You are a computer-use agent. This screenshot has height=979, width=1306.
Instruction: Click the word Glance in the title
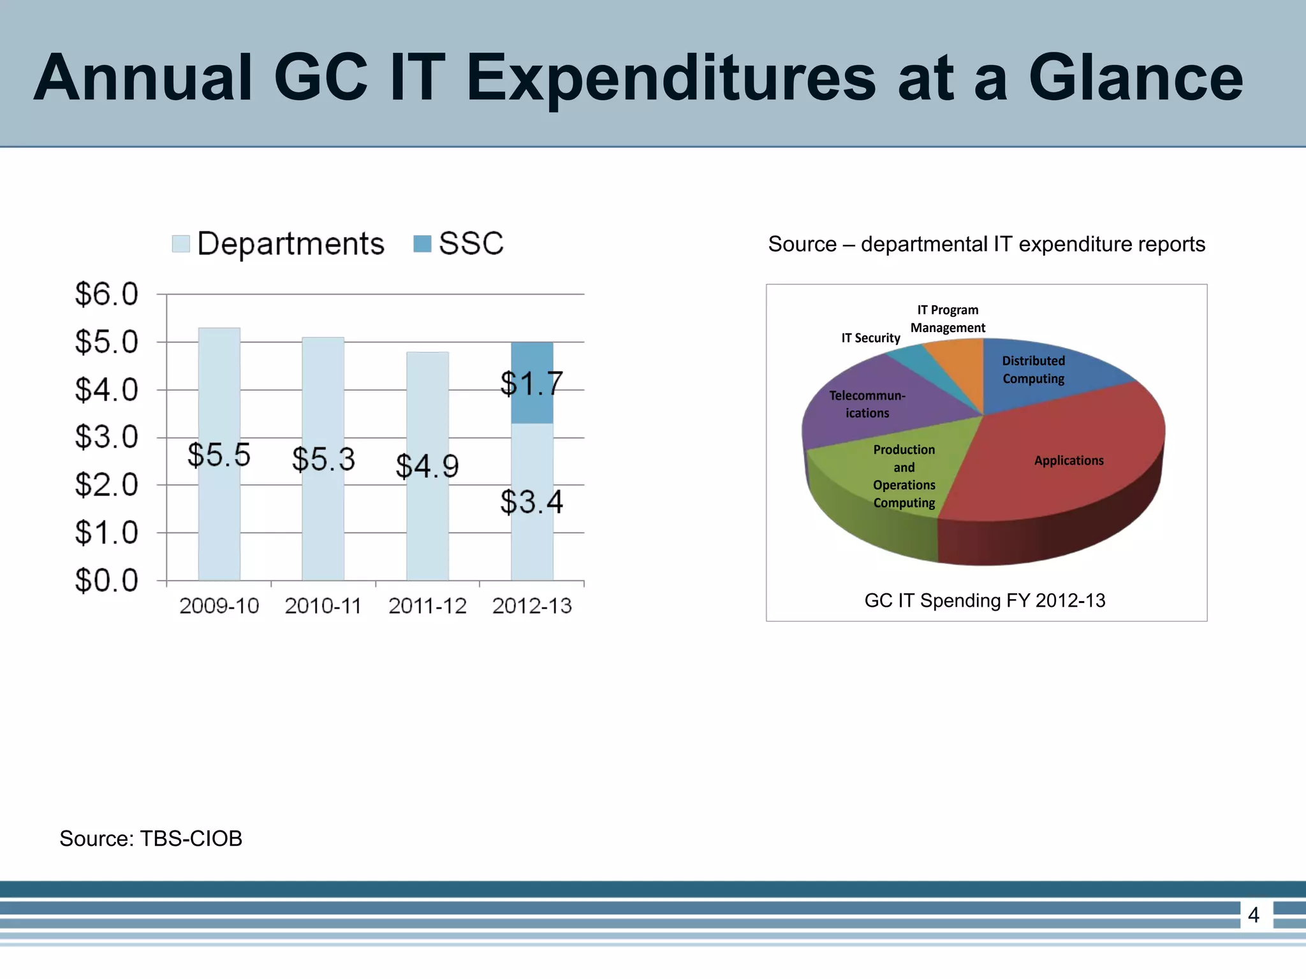pyautogui.click(x=1135, y=78)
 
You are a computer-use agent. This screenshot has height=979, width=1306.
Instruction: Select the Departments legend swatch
pyautogui.click(x=181, y=244)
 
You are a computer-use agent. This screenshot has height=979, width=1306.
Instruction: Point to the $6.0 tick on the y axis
pyautogui.click(x=106, y=294)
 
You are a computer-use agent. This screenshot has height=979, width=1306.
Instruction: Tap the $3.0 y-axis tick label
pyautogui.click(x=106, y=437)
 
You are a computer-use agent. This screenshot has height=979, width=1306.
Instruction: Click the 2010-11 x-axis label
pyautogui.click(x=323, y=606)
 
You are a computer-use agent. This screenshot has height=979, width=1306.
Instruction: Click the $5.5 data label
pyautogui.click(x=219, y=455)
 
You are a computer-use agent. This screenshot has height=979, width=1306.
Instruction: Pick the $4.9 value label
pyautogui.click(x=427, y=466)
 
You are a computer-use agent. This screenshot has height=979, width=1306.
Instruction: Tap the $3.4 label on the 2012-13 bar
pyautogui.click(x=531, y=502)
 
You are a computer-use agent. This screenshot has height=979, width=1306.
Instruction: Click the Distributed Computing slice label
pyautogui.click(x=1033, y=370)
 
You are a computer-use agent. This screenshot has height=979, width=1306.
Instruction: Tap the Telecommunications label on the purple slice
pyautogui.click(x=867, y=404)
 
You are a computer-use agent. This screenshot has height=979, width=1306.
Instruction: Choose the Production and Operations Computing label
pyautogui.click(x=904, y=476)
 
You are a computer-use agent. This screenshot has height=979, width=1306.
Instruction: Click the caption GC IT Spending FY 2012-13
pyautogui.click(x=985, y=600)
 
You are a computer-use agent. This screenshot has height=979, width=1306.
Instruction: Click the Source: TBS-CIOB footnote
pyautogui.click(x=151, y=839)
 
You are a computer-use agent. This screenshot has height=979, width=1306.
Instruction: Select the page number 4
pyautogui.click(x=1253, y=915)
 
